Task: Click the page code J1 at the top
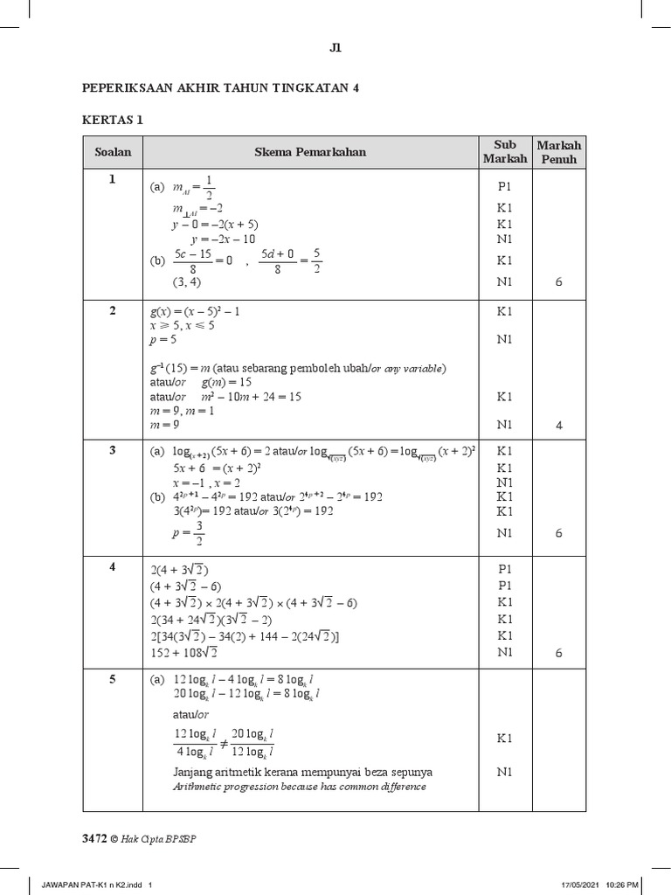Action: [x=335, y=50]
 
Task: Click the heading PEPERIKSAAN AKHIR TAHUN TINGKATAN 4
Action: [x=220, y=88]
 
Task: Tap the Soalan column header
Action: [x=113, y=152]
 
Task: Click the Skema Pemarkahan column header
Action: [x=310, y=152]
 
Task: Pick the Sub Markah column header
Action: [x=505, y=152]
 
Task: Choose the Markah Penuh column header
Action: [x=558, y=152]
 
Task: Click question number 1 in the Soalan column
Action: [x=112, y=180]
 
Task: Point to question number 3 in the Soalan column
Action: [x=112, y=450]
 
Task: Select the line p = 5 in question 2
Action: [x=164, y=340]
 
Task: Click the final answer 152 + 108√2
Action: [x=183, y=652]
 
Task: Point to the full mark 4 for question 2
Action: [x=558, y=426]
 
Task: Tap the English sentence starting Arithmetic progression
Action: [x=299, y=787]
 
